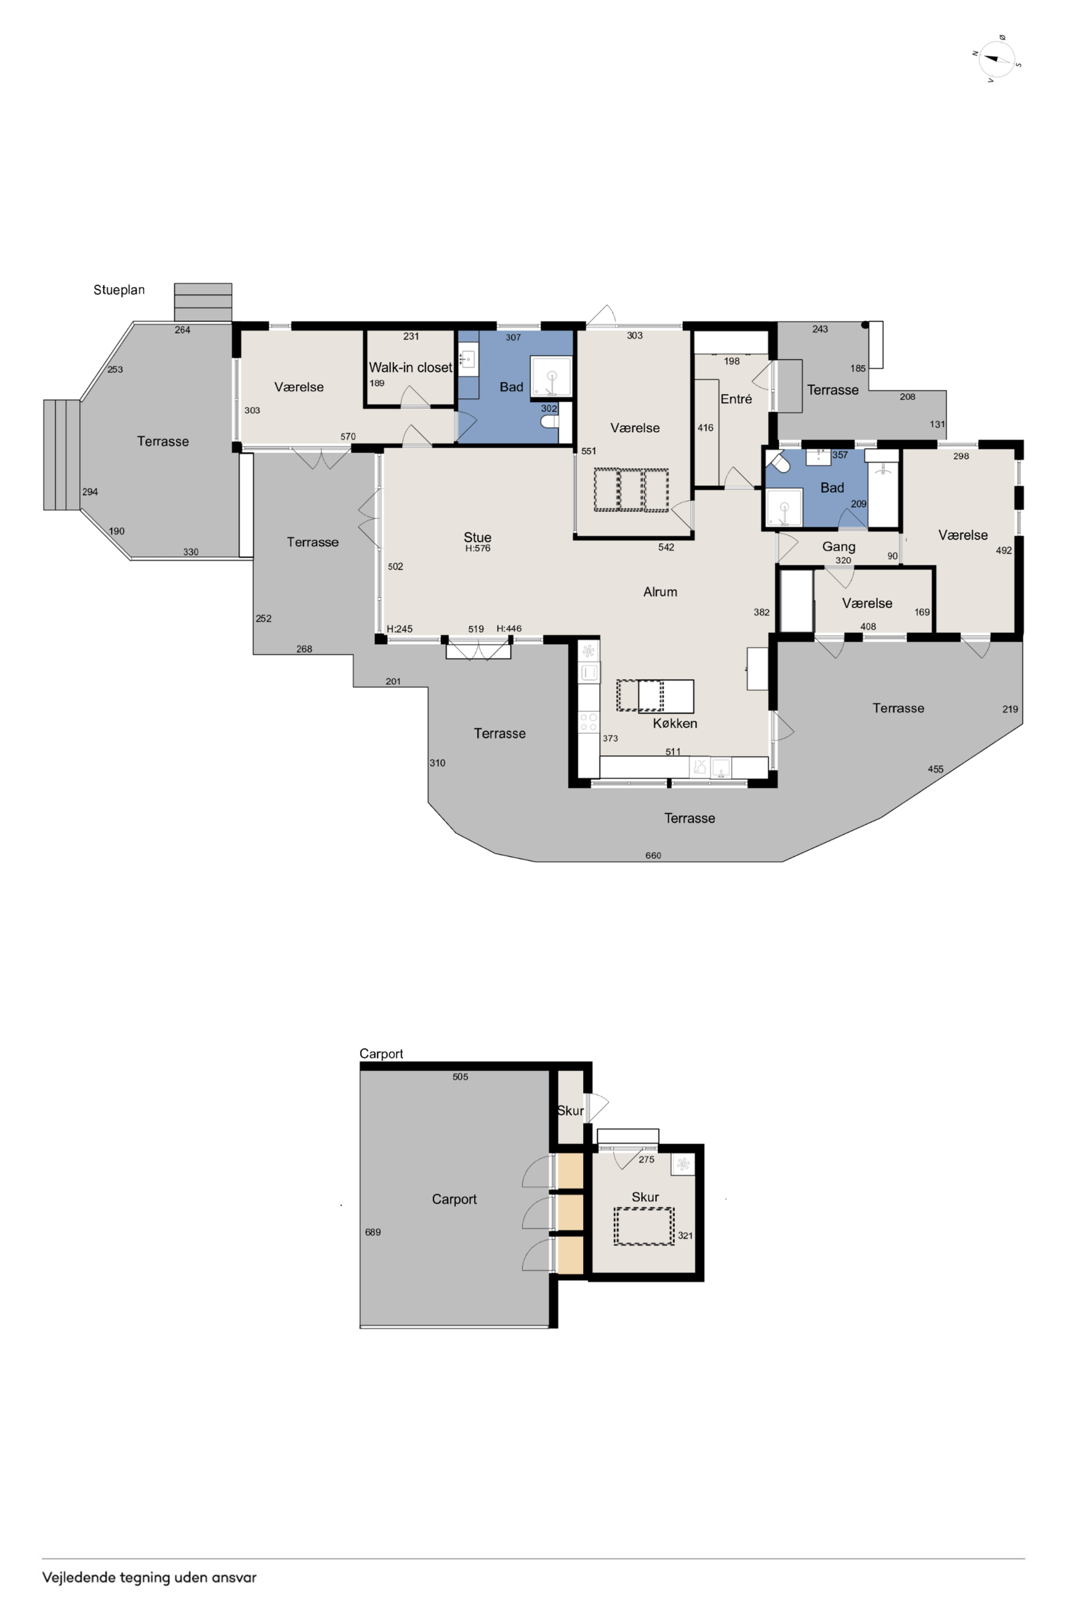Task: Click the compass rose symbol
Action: click(997, 59)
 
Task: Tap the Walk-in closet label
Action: click(410, 368)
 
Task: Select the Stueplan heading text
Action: click(119, 290)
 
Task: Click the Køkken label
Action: click(675, 724)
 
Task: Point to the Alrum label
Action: click(660, 592)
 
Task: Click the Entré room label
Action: click(736, 399)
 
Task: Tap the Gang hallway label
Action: click(839, 546)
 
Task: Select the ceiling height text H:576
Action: click(478, 549)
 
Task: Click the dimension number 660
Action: click(653, 855)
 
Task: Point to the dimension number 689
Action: click(373, 1232)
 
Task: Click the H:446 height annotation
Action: click(509, 629)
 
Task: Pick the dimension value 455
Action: click(936, 769)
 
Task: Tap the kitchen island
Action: click(655, 696)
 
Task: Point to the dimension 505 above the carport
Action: click(460, 1076)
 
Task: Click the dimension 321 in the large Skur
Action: click(685, 1235)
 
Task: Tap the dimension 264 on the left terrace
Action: click(182, 330)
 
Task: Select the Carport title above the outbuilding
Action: click(381, 1053)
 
